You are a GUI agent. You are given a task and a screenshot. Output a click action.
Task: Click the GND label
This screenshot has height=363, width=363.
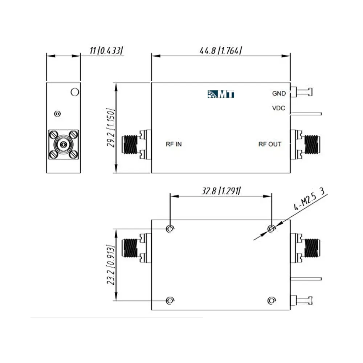[x=279, y=94]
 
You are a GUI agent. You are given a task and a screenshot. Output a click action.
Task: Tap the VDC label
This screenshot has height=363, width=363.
[x=278, y=108]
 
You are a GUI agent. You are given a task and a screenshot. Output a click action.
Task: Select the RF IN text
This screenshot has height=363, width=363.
[x=174, y=144]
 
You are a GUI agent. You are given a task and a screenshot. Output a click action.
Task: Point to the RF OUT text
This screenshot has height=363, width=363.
[x=270, y=144]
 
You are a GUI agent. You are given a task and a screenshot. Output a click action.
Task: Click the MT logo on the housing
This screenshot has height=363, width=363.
[x=221, y=94]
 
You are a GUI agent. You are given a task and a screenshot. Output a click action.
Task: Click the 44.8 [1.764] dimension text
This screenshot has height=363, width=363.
[x=221, y=50]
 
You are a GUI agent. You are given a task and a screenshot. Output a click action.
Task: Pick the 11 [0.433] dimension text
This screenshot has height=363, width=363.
[x=106, y=50]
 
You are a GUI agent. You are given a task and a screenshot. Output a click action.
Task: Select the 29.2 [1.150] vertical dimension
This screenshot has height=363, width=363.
[x=111, y=127]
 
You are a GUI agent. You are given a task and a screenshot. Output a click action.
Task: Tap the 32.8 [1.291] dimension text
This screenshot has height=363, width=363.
[x=221, y=191]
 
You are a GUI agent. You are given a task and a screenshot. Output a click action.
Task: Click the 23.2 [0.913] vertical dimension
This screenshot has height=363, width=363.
[x=111, y=265]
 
